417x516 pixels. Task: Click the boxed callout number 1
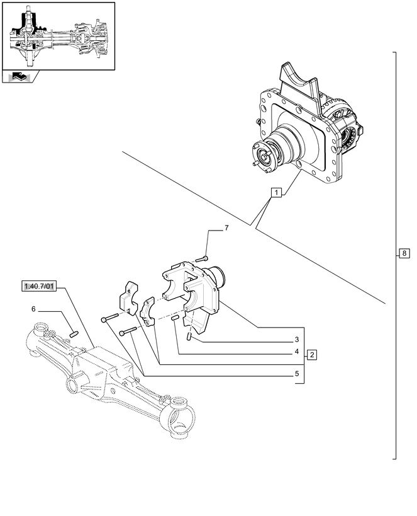(x=276, y=192)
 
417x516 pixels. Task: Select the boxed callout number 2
(x=311, y=355)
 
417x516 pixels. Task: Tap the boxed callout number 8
(x=404, y=253)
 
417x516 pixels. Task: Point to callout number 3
(x=297, y=340)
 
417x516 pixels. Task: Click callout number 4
(x=297, y=352)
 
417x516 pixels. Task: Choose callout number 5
(x=297, y=374)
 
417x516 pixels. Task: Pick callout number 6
(x=33, y=309)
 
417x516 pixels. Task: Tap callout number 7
(x=226, y=227)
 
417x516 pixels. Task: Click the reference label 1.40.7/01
(x=39, y=286)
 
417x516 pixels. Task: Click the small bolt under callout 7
(x=202, y=259)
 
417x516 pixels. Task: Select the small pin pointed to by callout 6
(x=74, y=335)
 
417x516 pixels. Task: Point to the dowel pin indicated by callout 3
(x=189, y=336)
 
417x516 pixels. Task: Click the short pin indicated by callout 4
(x=175, y=318)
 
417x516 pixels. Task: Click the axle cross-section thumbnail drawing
(x=59, y=37)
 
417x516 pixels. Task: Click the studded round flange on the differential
(x=265, y=156)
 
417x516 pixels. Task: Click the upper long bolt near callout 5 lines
(x=110, y=318)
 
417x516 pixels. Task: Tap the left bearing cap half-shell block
(x=128, y=298)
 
